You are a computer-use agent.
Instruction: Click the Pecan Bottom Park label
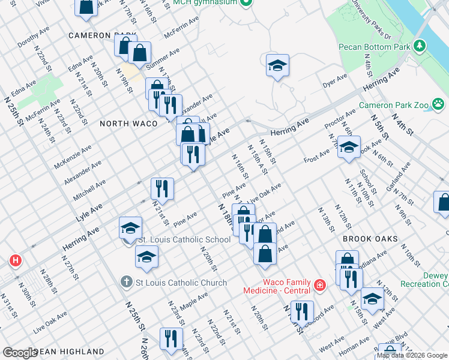pos(373,46)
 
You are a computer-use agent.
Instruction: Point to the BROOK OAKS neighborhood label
pos(370,239)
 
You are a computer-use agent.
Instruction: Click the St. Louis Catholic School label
pos(184,239)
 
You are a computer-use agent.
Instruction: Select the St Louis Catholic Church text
pos(181,283)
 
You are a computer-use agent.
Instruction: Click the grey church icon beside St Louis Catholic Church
pos(126,281)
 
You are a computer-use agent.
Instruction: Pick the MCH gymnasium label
pos(204,3)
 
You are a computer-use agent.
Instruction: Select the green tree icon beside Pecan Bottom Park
pos(420,46)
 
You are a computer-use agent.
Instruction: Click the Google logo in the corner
pos(20,353)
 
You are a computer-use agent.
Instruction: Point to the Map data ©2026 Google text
pos(412,355)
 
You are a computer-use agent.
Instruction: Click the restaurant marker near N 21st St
pos(162,189)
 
